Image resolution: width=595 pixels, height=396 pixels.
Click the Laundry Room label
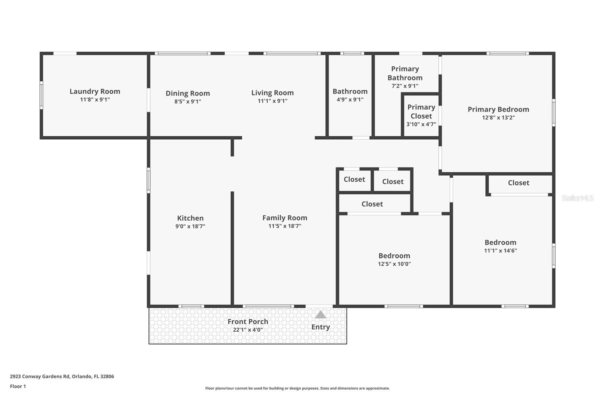click(x=95, y=91)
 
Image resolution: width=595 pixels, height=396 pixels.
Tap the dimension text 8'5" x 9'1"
click(x=188, y=101)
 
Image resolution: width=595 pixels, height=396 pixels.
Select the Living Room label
click(x=272, y=93)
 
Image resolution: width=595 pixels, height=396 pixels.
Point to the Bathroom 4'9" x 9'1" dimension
click(x=350, y=100)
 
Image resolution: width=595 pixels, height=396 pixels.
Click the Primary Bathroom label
click(x=405, y=73)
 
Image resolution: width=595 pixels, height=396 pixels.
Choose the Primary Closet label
click(x=421, y=111)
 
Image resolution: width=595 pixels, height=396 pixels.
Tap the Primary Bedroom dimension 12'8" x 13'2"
click(x=498, y=118)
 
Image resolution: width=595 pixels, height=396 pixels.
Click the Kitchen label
click(x=190, y=218)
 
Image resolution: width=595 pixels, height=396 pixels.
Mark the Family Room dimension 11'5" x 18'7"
click(x=284, y=226)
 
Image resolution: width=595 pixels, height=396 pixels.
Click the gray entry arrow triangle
click(x=321, y=315)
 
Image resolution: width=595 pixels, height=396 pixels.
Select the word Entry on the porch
click(x=321, y=327)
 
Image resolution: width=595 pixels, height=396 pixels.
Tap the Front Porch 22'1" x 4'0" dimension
click(x=248, y=330)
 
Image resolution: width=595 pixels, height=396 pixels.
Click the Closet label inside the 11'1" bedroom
click(x=518, y=183)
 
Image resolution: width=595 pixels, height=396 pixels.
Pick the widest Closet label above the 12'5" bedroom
click(x=372, y=204)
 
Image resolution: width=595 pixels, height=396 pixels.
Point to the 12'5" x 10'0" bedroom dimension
click(x=394, y=264)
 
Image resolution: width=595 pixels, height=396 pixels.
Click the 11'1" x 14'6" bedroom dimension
click(x=500, y=251)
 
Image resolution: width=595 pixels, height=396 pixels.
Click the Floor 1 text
click(x=18, y=386)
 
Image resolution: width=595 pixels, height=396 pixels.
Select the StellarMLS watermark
click(x=577, y=198)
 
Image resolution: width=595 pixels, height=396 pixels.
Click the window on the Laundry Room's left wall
click(x=41, y=95)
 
